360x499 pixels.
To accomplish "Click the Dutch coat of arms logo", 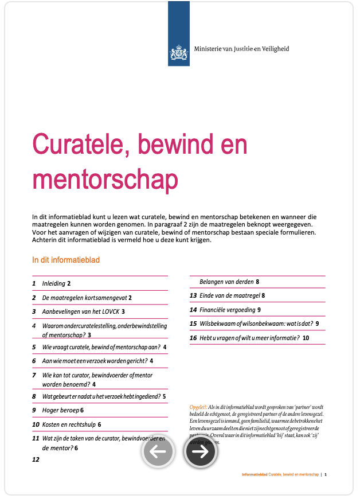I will (179, 54).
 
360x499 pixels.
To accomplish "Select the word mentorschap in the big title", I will (105, 178).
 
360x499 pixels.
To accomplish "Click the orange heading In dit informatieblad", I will (66, 260).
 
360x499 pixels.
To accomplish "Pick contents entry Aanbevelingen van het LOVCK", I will (81, 311).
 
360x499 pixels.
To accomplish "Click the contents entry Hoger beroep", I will (60, 410).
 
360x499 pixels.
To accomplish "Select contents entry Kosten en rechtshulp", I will (69, 424).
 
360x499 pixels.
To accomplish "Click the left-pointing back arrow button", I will (158, 451).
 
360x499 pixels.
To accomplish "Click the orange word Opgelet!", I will (198, 407).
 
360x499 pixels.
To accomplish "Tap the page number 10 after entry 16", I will (306, 338).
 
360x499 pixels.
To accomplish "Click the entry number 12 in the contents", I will (36, 459).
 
